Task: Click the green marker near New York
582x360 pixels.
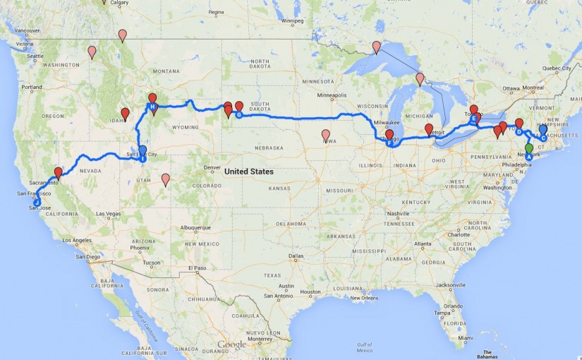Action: tap(529, 149)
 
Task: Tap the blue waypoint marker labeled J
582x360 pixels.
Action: tap(37, 202)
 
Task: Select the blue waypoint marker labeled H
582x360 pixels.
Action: tap(151, 107)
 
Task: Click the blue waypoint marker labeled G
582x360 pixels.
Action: tap(238, 114)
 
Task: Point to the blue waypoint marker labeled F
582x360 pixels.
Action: tap(388, 143)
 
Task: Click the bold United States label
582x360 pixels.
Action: tap(248, 172)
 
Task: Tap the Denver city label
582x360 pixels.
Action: tap(212, 167)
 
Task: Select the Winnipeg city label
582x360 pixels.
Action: tap(292, 21)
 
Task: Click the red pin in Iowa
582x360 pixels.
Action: tap(326, 134)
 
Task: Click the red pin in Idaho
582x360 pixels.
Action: tap(125, 113)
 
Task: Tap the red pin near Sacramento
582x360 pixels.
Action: tap(59, 172)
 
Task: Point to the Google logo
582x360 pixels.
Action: tap(232, 344)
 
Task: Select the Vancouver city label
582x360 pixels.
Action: tap(27, 31)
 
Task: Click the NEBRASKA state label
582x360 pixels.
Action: tap(270, 148)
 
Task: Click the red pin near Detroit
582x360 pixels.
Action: tap(429, 128)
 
